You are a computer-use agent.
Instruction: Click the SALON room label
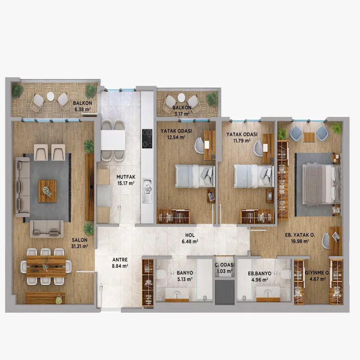click(x=80, y=240)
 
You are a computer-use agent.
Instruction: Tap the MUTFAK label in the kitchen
click(x=126, y=177)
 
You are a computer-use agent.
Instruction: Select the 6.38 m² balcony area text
click(x=82, y=109)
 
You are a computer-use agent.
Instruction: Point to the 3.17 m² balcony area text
click(x=181, y=114)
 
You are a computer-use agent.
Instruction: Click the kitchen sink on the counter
click(x=147, y=190)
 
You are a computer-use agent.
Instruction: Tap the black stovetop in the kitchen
click(x=147, y=139)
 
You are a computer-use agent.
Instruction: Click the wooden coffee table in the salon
click(x=47, y=191)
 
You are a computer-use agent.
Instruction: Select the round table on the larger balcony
click(x=50, y=96)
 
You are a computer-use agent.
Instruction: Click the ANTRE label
click(x=120, y=260)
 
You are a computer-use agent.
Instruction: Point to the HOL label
click(x=190, y=235)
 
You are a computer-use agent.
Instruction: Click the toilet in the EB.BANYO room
click(x=287, y=274)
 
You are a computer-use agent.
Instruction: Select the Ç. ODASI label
click(x=225, y=265)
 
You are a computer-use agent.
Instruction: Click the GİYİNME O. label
click(x=317, y=273)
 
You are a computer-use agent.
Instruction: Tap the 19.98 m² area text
click(x=300, y=241)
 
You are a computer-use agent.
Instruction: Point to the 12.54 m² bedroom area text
click(x=176, y=138)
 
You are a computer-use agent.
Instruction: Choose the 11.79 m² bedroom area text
click(x=242, y=140)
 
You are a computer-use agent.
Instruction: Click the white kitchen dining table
click(x=113, y=140)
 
